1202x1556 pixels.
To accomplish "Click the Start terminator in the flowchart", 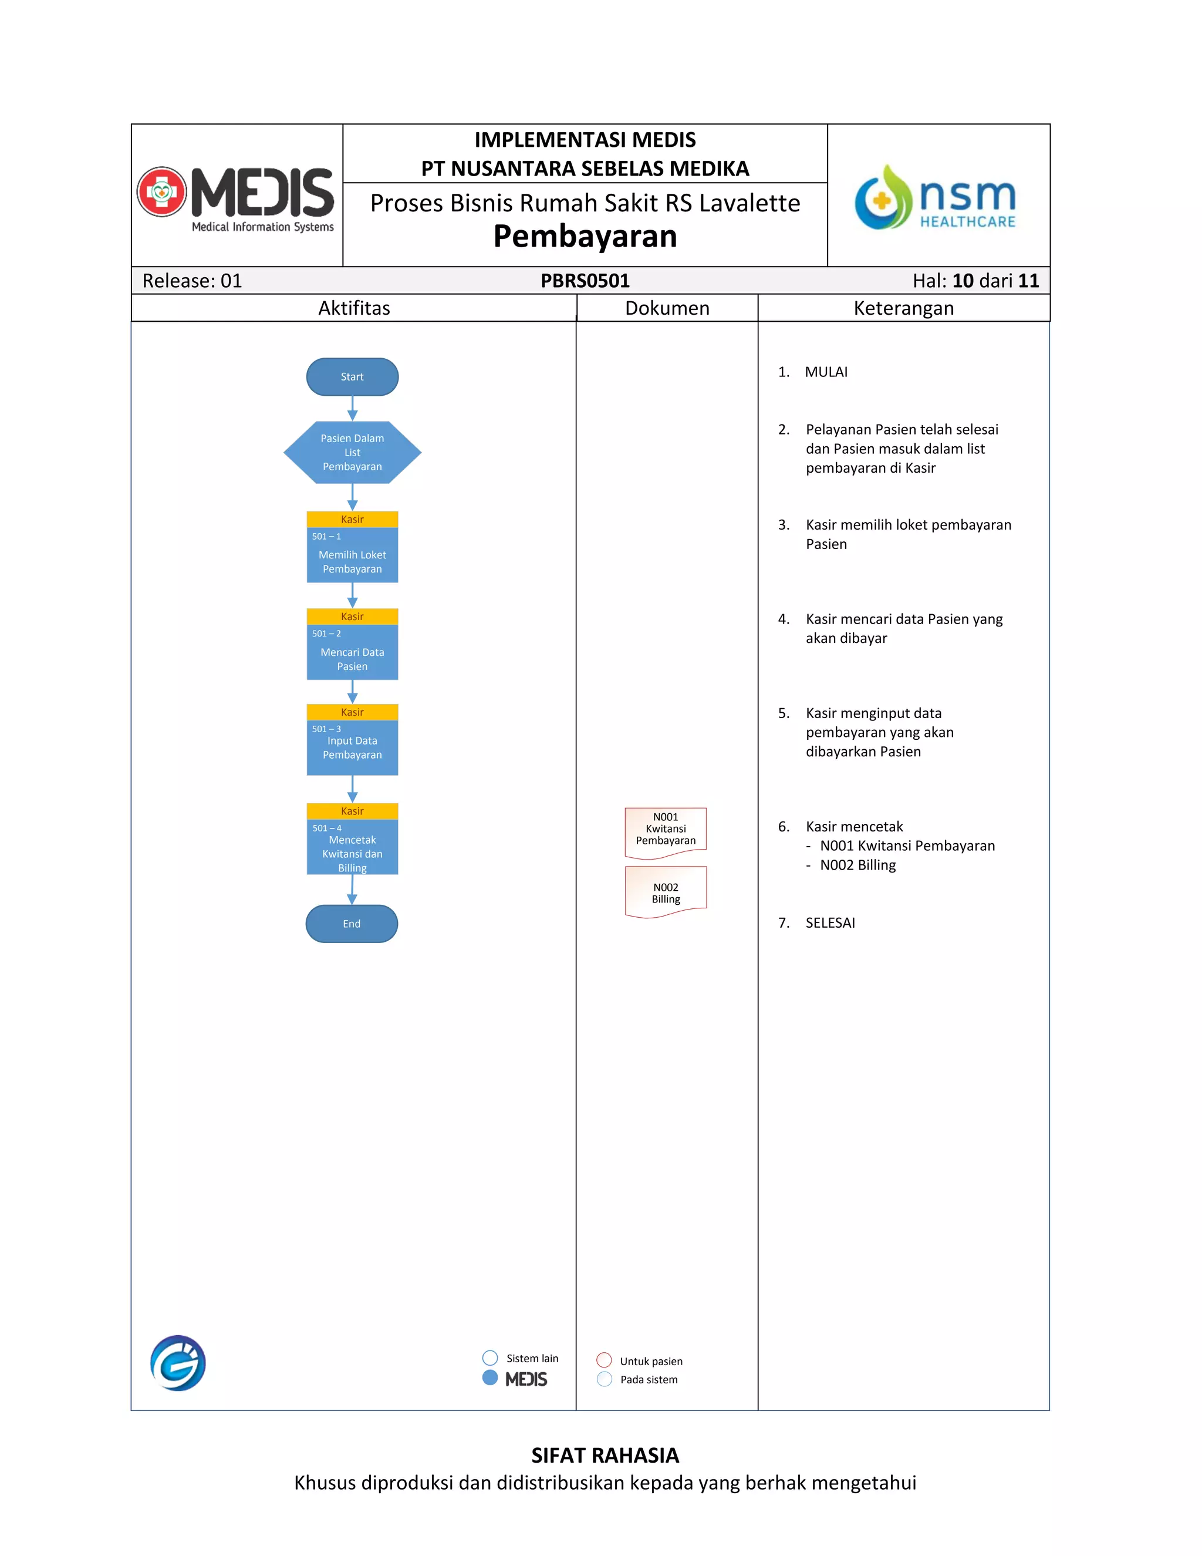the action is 352,377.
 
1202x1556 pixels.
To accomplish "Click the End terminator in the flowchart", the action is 352,924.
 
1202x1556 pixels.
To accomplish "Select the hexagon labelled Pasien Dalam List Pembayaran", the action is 352,452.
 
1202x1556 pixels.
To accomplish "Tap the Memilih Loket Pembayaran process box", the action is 352,555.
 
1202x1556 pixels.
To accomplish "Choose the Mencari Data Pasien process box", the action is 352,652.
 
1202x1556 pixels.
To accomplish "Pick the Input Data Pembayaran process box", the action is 352,747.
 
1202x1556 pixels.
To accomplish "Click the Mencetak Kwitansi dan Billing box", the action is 352,846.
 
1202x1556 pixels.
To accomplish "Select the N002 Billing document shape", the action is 665,891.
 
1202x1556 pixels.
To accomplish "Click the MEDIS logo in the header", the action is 237,196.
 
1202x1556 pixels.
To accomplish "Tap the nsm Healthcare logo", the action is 936,197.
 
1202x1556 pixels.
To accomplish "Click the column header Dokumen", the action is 667,308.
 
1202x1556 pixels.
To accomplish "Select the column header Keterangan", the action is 903,308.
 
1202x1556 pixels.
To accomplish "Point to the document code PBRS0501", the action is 585,281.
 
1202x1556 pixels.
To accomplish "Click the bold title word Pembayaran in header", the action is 585,237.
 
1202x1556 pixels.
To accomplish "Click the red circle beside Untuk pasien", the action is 604,1360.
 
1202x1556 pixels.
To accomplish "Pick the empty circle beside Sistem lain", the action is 490,1357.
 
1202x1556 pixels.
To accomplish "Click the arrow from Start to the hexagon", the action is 352,408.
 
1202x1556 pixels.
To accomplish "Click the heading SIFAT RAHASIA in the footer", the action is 605,1455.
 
